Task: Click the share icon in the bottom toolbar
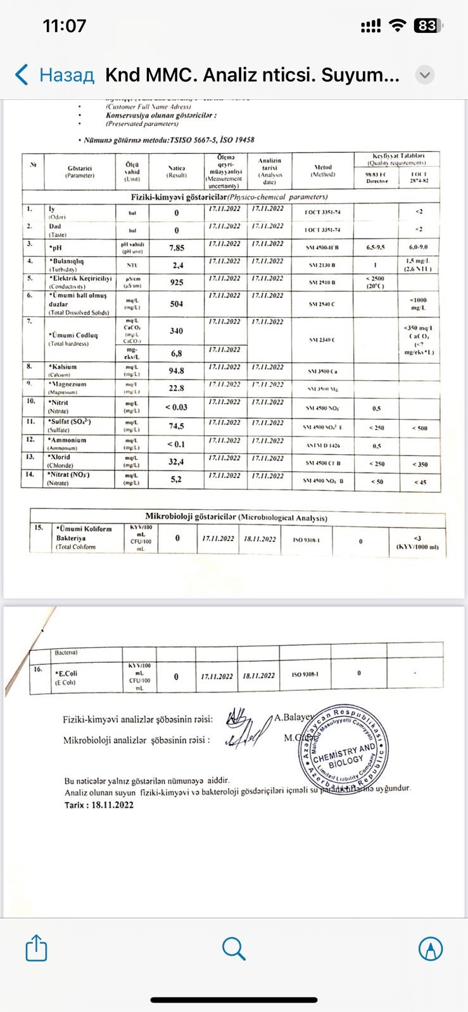point(36,948)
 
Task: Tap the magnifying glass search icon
point(234,948)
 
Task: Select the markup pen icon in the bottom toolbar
point(431,948)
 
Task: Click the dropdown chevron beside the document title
point(425,75)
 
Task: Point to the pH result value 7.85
point(177,248)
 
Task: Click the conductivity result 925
point(177,282)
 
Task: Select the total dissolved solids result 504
point(177,304)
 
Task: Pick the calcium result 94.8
point(177,371)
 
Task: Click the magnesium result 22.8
point(177,388)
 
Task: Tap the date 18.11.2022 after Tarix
point(113,805)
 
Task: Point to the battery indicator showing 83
point(426,26)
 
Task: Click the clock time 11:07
point(64,26)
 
